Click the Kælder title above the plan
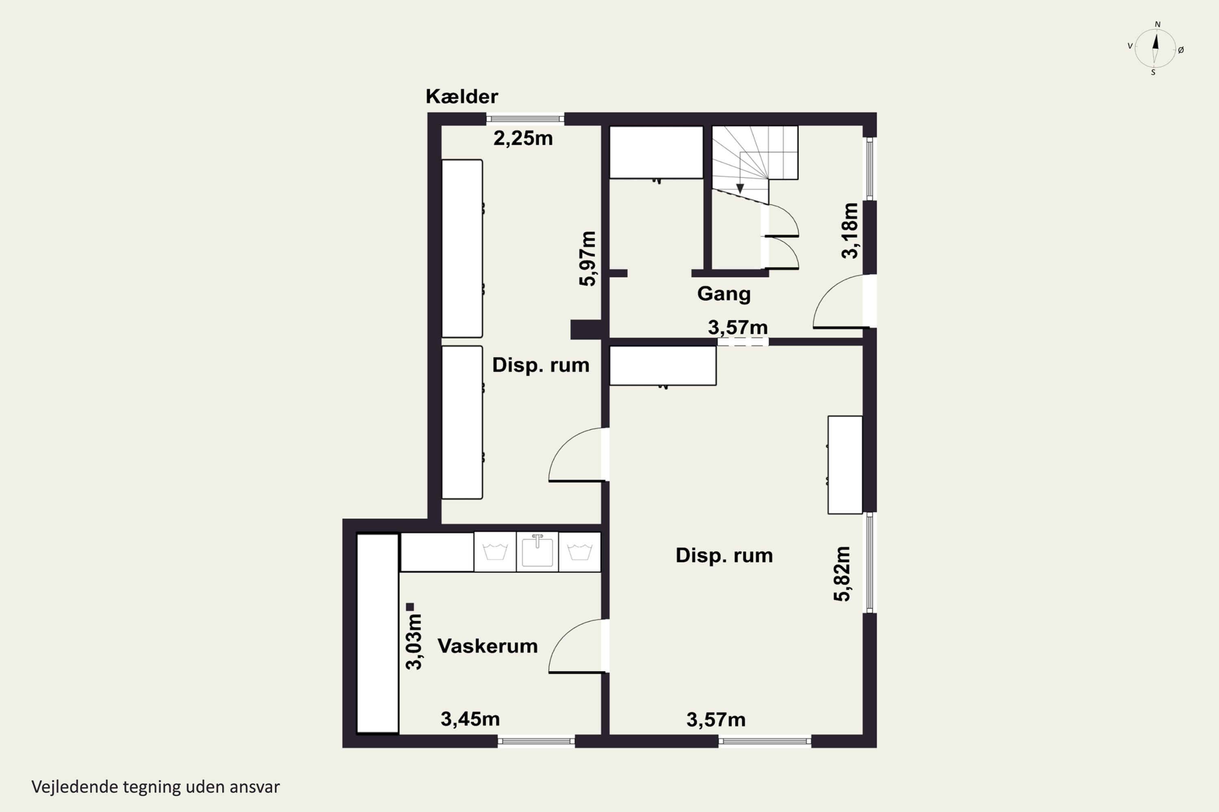[462, 96]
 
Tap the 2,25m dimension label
[523, 138]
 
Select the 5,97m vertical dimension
[588, 258]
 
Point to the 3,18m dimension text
[850, 231]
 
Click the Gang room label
[724, 294]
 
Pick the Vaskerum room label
[487, 646]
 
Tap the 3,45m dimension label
[470, 719]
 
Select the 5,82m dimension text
[842, 574]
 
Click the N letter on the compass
[1157, 24]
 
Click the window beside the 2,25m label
[525, 119]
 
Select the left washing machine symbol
[495, 551]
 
